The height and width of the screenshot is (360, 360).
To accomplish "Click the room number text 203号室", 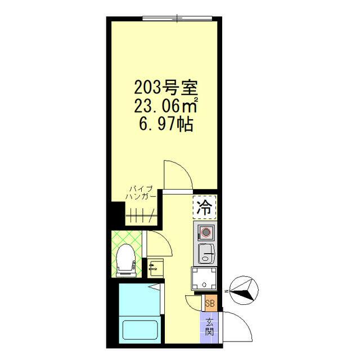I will point(164,88).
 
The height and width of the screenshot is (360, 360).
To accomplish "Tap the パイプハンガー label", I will point(141,192).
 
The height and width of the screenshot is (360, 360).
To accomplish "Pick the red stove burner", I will point(205,231).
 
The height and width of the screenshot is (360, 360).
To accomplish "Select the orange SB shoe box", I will point(210,304).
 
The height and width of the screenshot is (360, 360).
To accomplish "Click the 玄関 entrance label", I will point(209,326).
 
